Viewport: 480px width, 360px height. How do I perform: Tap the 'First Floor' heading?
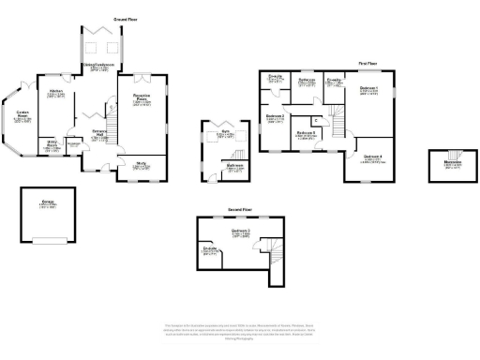click(367, 64)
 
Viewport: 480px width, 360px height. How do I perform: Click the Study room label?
click(142, 164)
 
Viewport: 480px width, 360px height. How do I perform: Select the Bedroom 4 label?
click(372, 157)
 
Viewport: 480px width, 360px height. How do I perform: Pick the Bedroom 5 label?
click(307, 133)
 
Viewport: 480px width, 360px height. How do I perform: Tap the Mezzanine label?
click(451, 165)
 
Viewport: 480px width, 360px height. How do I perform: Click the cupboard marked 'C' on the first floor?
click(316, 121)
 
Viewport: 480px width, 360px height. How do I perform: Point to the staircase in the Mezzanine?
click(451, 155)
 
